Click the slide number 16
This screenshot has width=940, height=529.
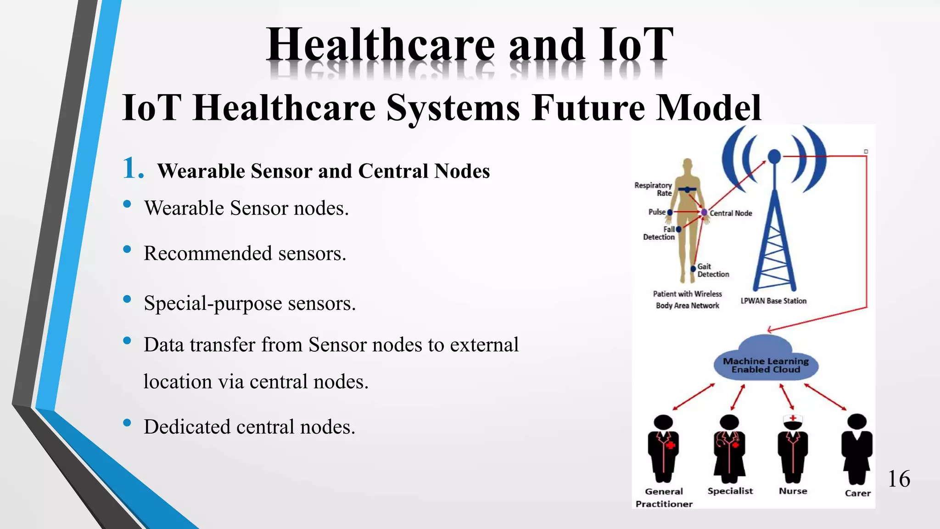click(x=899, y=479)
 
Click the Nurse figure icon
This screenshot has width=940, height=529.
click(x=793, y=448)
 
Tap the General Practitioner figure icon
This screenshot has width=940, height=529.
click(x=663, y=448)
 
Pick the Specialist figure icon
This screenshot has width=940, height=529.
click(x=729, y=448)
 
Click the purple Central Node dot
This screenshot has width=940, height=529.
click(x=704, y=212)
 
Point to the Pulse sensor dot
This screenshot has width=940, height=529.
click(x=670, y=212)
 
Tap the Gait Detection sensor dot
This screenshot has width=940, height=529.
click(x=693, y=269)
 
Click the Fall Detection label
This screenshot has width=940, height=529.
click(x=659, y=233)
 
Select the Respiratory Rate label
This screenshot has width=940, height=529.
click(x=653, y=189)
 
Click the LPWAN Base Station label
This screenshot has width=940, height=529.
click(x=773, y=301)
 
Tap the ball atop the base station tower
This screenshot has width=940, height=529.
click(x=774, y=156)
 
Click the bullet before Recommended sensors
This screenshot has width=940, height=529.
click(x=127, y=250)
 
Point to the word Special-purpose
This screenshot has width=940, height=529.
click(x=213, y=304)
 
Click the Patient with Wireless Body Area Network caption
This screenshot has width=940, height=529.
click(x=687, y=299)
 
